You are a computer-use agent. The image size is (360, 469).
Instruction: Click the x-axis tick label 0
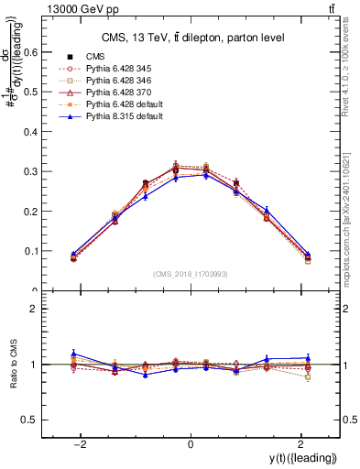pos(191,444)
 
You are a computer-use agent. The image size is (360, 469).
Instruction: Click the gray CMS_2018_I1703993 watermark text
pos(191,274)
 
